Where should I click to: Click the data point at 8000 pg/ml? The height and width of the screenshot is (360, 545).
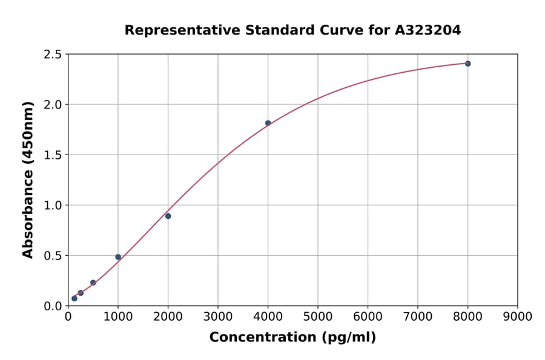point(467,64)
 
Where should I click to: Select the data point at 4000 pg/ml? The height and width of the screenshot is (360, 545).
point(268,123)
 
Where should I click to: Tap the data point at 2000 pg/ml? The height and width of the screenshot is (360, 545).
point(168,216)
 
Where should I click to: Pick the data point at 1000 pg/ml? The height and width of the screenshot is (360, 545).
point(118,257)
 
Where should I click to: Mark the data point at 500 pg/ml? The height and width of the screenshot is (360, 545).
point(93,282)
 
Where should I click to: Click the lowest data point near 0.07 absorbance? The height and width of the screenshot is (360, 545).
point(74,298)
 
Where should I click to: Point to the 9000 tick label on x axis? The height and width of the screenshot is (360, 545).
point(517,316)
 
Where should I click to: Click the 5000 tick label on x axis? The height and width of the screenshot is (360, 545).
point(318,316)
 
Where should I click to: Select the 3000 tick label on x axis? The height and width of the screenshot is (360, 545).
point(218,316)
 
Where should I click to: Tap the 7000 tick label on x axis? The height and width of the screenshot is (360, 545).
point(418,316)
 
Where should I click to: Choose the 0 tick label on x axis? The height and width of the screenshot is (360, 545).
point(68,316)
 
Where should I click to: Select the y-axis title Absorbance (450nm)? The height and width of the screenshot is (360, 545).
point(28,180)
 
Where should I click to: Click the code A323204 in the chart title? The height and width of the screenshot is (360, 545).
point(428,30)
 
